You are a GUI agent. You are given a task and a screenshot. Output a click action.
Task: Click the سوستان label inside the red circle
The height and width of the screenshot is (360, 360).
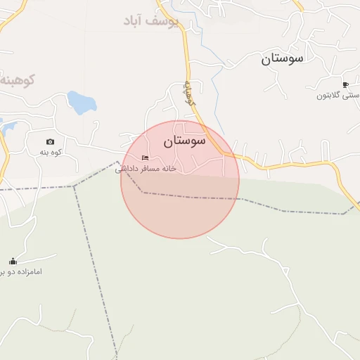point(184,141)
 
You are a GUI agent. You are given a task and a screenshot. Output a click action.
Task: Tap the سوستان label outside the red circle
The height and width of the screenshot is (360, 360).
point(282,58)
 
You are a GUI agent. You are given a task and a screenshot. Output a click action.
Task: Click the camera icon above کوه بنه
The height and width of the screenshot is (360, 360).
point(50,141)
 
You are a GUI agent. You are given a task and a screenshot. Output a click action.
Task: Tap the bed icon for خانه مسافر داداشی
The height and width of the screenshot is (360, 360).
point(145,157)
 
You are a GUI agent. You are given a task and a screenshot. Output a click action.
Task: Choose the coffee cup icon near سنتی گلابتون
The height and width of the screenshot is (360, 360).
point(345,84)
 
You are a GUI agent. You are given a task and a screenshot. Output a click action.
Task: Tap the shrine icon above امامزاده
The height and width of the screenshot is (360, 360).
point(12,262)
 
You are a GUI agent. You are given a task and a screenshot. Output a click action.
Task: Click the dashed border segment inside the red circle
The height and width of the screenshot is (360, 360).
point(190,196)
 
